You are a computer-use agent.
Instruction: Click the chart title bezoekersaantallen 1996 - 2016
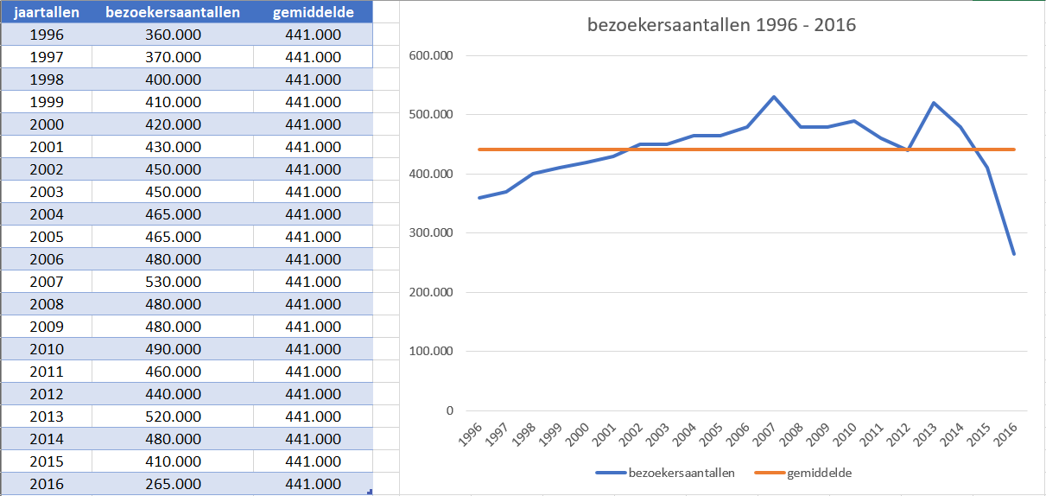tap(721, 24)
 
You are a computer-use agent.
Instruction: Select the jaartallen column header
tap(46, 12)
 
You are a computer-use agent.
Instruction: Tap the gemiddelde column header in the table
tap(313, 12)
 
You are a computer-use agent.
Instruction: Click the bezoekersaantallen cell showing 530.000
tap(173, 282)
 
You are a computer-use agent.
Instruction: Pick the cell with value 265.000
tap(173, 484)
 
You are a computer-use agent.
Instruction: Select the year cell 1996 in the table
tap(46, 35)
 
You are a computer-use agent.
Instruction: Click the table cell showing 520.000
tap(173, 417)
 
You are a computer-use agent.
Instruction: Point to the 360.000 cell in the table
tap(173, 35)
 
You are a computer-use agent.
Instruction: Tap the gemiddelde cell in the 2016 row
tap(313, 484)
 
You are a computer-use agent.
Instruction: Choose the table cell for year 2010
tap(46, 349)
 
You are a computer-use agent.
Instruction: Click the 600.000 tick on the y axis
tap(436, 56)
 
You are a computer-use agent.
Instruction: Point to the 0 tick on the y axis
tap(449, 410)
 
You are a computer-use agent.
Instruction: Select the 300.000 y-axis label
tap(436, 233)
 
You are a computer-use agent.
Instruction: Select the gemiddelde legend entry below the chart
tap(811, 473)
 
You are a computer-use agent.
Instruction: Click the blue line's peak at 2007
tap(774, 97)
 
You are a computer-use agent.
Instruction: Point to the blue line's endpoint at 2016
tap(1014, 254)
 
